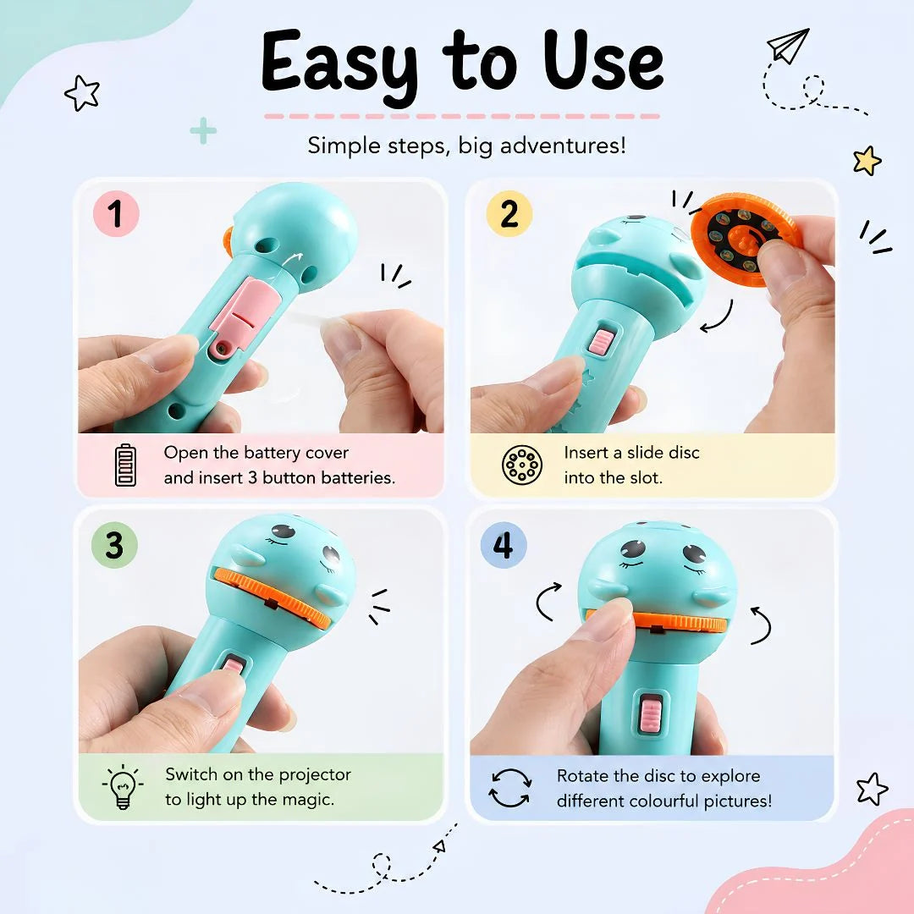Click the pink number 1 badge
pyautogui.click(x=116, y=213)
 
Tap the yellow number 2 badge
pyautogui.click(x=509, y=213)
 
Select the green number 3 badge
pyautogui.click(x=114, y=545)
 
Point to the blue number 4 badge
pyautogui.click(x=504, y=545)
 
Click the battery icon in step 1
pyautogui.click(x=125, y=465)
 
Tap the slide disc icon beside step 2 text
pyautogui.click(x=522, y=465)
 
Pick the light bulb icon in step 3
pyautogui.click(x=123, y=786)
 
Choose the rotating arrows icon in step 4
pyautogui.click(x=510, y=788)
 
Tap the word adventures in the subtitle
pyautogui.click(x=563, y=146)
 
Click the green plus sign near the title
pyautogui.click(x=203, y=130)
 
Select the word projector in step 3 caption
pyautogui.click(x=315, y=774)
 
